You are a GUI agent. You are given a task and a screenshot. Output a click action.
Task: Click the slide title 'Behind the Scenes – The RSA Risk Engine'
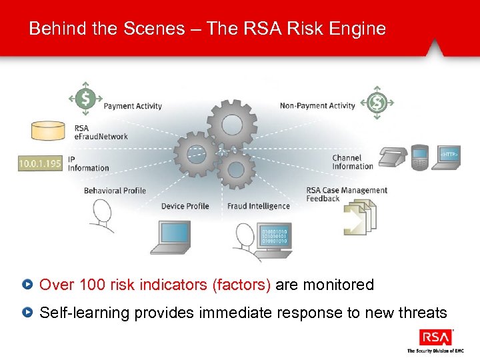(207, 29)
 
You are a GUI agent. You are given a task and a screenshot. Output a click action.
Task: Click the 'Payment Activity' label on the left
(133, 106)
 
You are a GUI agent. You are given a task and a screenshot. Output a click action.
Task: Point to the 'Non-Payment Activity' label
(317, 105)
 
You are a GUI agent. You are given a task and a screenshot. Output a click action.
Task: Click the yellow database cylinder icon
(51, 131)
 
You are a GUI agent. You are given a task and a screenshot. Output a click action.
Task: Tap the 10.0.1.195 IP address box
(41, 163)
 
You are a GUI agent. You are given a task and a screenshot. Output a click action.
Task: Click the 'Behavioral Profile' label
(115, 191)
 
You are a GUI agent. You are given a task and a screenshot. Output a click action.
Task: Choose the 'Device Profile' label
(185, 206)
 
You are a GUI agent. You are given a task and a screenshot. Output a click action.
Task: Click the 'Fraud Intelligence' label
(259, 206)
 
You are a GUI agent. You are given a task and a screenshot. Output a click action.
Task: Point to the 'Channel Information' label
(353, 162)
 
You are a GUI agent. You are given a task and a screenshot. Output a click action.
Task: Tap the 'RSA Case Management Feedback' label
(346, 194)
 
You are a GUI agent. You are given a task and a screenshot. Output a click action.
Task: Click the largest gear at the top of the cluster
(231, 122)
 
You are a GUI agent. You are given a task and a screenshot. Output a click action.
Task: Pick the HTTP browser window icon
(449, 157)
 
